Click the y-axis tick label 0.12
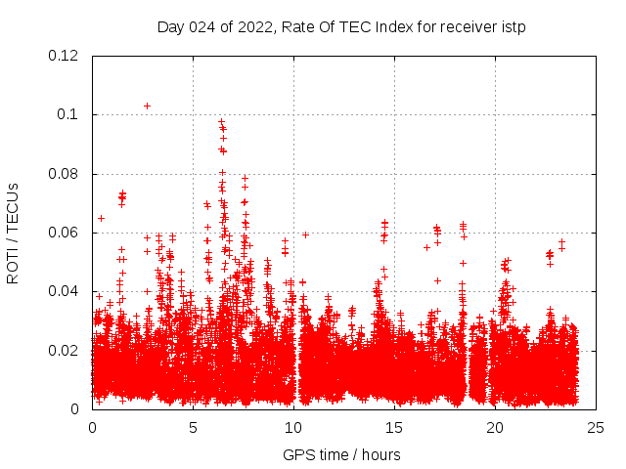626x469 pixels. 64,56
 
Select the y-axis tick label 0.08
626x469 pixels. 64,174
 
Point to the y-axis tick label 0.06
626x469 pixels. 64,233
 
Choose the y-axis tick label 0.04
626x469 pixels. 64,291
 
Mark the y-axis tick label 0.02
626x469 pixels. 64,350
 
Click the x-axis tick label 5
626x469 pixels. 193,428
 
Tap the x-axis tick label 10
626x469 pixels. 293,428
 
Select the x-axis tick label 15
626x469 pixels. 394,428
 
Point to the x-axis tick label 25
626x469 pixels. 596,428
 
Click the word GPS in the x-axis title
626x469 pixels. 297,455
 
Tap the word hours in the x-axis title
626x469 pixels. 380,455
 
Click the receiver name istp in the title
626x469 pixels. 513,27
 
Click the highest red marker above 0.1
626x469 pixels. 147,106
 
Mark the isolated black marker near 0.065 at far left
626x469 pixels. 101,218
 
